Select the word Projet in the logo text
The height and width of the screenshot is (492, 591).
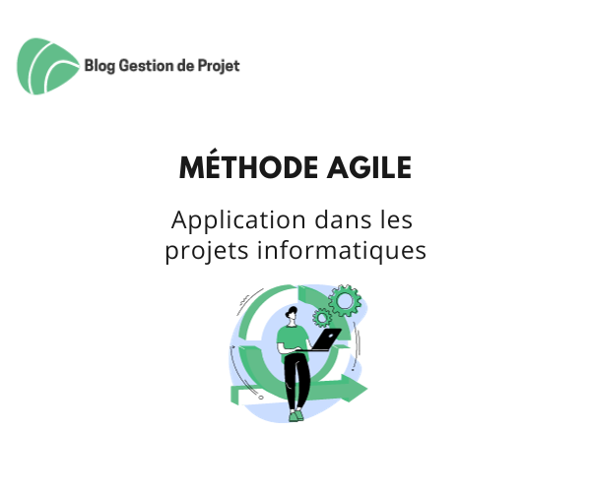[x=219, y=66]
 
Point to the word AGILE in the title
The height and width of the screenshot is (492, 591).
[x=369, y=167]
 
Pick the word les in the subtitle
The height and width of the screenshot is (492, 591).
[x=396, y=219]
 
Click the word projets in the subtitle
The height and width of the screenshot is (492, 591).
[x=207, y=251]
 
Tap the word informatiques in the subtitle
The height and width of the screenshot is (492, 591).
[x=342, y=250]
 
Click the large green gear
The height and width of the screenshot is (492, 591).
[x=344, y=301]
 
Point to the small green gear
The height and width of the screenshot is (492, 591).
[x=322, y=318]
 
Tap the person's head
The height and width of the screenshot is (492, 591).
[x=292, y=314]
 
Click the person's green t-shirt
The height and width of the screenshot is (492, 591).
[x=293, y=339]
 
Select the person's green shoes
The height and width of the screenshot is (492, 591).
[x=295, y=415]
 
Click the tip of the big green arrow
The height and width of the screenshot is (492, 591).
[x=367, y=388]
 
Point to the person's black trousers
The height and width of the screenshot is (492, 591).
[x=296, y=381]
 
